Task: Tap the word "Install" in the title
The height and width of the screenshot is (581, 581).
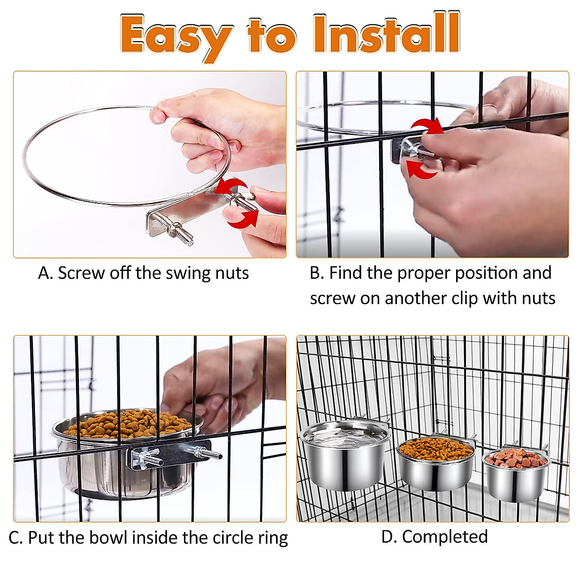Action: [386, 34]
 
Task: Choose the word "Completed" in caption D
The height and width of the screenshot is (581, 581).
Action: [444, 536]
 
